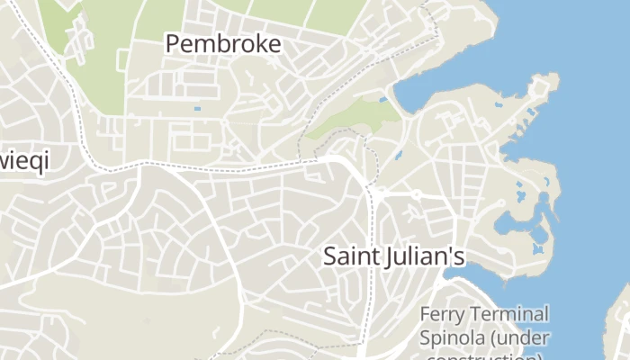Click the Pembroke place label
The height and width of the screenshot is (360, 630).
[223, 43]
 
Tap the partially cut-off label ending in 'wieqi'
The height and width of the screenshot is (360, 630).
[23, 162]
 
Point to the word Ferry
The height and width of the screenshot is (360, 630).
[445, 315]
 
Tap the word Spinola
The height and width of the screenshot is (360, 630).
[454, 338]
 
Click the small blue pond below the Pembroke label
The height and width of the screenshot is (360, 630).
[197, 109]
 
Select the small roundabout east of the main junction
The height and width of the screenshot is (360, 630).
[417, 193]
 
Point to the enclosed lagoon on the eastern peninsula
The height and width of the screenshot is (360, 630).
[515, 220]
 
